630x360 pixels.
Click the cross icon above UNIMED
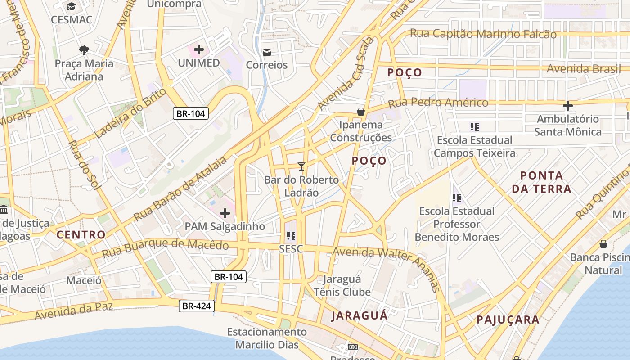[198, 49]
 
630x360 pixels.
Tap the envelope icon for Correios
[267, 52]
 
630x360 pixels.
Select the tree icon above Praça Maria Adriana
[84, 50]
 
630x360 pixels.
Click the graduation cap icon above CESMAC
[71, 6]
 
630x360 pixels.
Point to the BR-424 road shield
[196, 306]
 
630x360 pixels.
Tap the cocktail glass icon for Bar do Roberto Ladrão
[301, 166]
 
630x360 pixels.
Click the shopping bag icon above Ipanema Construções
[360, 112]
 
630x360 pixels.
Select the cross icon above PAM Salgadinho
[225, 213]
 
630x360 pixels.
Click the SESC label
[291, 249]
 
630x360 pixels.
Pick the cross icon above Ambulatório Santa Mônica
[568, 106]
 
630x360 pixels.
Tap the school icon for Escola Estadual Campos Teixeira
[474, 127]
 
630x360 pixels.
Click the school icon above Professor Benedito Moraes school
[457, 198]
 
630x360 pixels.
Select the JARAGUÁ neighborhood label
[360, 315]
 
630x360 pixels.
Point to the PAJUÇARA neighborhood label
[508, 320]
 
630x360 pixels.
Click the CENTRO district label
[81, 234]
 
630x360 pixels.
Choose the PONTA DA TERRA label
[541, 182]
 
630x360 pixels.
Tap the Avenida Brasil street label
[583, 69]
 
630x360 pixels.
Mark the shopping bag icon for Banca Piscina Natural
[603, 244]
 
